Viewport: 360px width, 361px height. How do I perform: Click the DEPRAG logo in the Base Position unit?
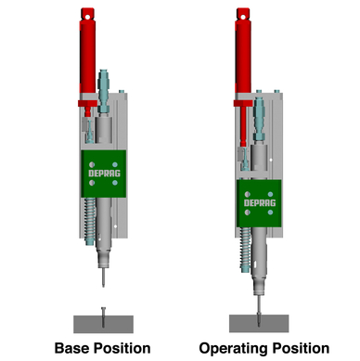coord(104,174)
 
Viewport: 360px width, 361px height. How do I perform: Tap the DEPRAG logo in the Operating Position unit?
coord(260,203)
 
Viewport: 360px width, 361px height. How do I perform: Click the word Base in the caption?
coord(72,348)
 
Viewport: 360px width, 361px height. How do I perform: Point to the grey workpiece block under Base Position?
coord(103,324)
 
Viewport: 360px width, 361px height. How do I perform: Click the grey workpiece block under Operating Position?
coord(259,324)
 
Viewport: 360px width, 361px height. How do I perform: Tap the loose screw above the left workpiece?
coord(103,316)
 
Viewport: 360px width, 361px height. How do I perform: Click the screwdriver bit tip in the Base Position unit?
coord(103,285)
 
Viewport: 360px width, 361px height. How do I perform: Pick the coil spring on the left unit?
coord(89,221)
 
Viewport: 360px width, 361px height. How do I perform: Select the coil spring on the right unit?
coord(245,250)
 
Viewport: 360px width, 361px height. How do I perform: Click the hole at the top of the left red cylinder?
coord(87,16)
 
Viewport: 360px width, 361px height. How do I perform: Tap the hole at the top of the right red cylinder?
coord(243,16)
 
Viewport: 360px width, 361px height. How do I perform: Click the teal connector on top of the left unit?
coord(103,91)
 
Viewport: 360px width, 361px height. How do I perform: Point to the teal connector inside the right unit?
coord(259,119)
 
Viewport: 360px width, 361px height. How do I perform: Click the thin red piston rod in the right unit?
coord(243,126)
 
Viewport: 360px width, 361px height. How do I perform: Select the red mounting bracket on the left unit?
coord(87,103)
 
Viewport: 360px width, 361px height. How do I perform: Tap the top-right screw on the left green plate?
coord(115,164)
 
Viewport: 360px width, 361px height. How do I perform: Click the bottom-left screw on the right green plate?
coord(248,213)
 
